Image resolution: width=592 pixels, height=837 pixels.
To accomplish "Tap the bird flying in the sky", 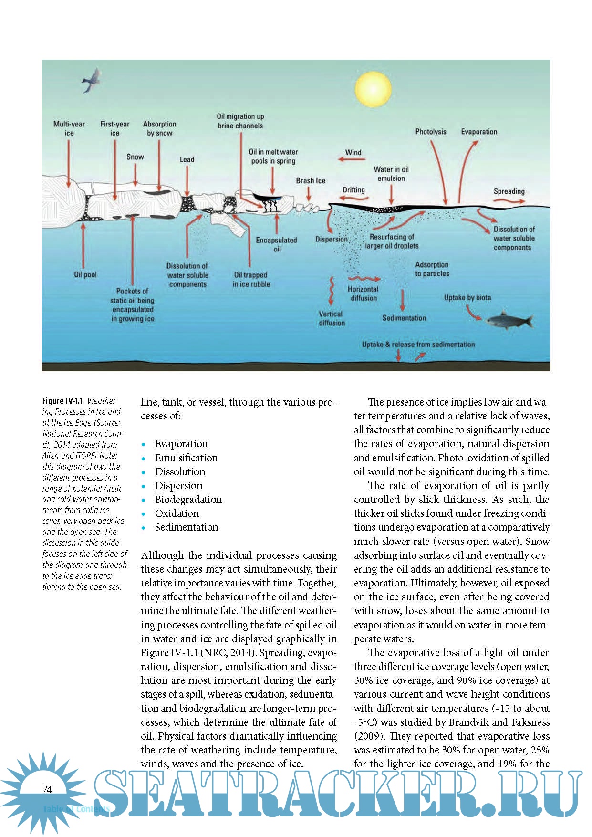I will click(x=92, y=80).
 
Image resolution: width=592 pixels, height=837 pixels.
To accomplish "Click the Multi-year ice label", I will click(x=69, y=128).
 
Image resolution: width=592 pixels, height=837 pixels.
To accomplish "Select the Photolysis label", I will click(x=430, y=132).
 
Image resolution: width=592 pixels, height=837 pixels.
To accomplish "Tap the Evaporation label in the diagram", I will click(x=478, y=132).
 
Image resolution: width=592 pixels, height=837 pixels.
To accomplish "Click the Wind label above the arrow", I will click(x=353, y=152).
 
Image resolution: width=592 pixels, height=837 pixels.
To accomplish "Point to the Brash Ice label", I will click(x=311, y=180).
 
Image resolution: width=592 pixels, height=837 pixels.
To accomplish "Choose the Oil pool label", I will click(x=85, y=274).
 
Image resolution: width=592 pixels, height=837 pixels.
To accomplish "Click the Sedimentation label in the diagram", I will click(x=404, y=318).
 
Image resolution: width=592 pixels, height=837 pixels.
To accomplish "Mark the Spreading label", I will click(x=509, y=191).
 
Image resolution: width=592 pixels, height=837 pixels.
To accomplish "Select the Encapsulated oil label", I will click(x=276, y=244).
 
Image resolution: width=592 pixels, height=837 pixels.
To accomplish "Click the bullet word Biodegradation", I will click(x=188, y=499).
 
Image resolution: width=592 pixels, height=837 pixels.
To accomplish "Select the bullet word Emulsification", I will click(x=186, y=458).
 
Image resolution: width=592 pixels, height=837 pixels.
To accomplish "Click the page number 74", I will click(x=47, y=789).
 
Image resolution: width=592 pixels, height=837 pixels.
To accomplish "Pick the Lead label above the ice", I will click(x=187, y=159).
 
